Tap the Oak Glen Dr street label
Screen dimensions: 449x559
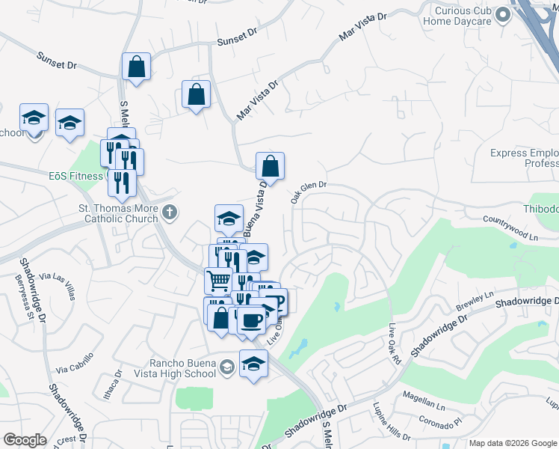pyautogui.click(x=309, y=192)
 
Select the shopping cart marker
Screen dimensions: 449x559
pyautogui.click(x=218, y=281)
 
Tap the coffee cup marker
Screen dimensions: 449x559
pyautogui.click(x=251, y=320)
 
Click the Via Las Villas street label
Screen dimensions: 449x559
pyautogui.click(x=58, y=285)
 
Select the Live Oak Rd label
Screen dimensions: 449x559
pyautogui.click(x=395, y=343)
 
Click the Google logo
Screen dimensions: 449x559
pyautogui.click(x=25, y=440)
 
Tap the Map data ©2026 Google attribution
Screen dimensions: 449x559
pyautogui.click(x=513, y=443)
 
